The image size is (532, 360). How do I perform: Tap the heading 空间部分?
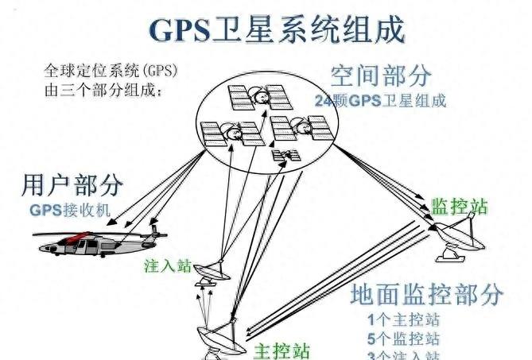(381, 76)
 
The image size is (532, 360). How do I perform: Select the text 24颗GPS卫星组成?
(379, 101)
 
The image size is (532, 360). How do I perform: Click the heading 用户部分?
(72, 186)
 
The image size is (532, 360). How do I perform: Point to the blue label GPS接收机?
(71, 211)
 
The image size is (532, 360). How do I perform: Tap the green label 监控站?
(459, 207)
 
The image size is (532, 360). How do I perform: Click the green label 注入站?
(168, 265)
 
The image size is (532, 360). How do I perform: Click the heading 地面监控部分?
(426, 294)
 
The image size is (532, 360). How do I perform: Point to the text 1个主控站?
(404, 321)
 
